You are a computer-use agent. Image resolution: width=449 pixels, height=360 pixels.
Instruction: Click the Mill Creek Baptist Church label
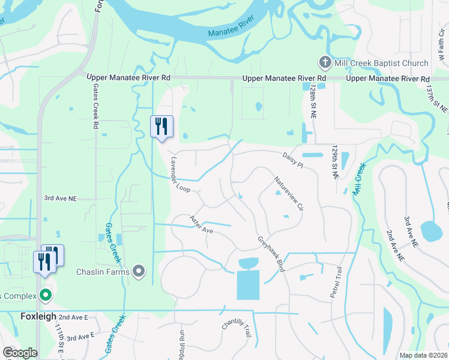pos(382,63)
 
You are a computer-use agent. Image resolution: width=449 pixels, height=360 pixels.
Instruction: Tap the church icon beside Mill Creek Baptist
pos(325,62)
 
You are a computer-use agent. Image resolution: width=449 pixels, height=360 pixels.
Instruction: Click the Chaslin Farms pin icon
pos(139,272)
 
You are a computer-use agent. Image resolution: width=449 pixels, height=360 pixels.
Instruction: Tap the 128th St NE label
pos(313,100)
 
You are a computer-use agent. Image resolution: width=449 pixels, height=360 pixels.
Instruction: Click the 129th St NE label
pos(335,162)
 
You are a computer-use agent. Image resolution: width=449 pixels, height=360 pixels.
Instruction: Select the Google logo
pos(19,353)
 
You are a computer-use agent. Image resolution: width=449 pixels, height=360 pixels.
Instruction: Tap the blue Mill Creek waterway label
pos(358,178)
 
